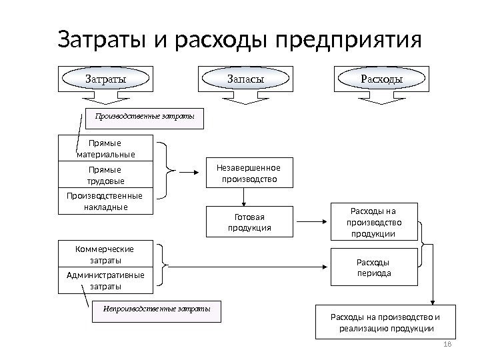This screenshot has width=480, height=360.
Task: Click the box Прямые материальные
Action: tap(106, 149)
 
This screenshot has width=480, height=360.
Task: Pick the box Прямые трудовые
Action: tap(106, 175)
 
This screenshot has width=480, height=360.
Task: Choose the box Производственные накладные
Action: tap(106, 201)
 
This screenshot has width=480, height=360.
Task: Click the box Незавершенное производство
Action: tap(246, 173)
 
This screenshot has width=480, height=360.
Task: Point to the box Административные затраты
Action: tap(106, 281)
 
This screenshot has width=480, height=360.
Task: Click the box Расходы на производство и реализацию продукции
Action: tap(386, 323)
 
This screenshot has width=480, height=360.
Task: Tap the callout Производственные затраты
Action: tap(145, 118)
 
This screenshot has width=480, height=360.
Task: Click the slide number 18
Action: tap(447, 343)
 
